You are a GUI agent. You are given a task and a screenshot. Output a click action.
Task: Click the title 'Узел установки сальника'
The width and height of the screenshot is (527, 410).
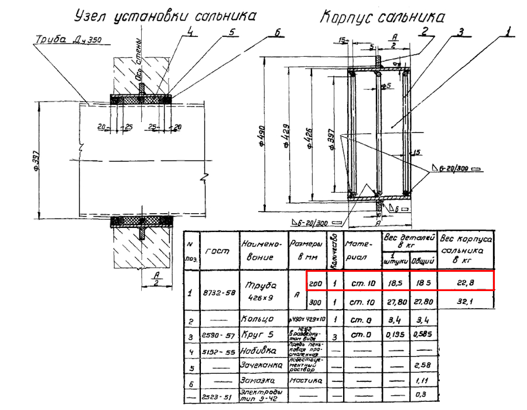pos(165,16)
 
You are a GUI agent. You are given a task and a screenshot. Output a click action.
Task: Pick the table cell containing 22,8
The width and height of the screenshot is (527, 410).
pos(466,282)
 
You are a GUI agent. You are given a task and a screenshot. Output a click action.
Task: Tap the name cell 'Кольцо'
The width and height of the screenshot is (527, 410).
pos(258,320)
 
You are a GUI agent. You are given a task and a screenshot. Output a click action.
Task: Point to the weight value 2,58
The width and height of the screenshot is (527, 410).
pos(423,365)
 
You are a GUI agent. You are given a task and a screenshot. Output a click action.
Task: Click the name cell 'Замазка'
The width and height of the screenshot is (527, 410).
pos(258,381)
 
